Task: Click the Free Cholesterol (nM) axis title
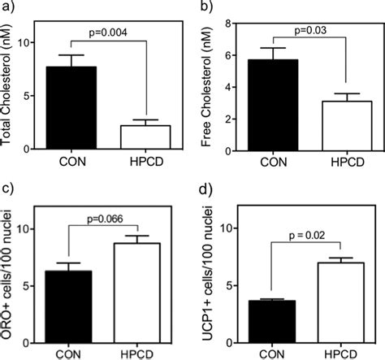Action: pos(214,85)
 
